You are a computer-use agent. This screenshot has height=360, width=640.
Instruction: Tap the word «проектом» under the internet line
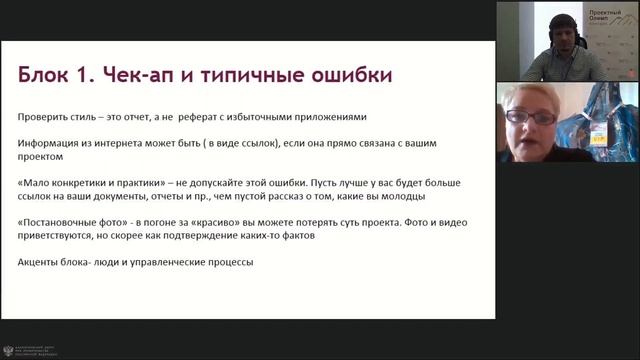(x=41, y=157)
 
